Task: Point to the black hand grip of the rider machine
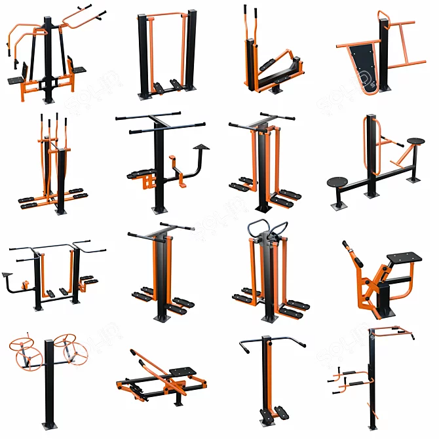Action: pyautogui.click(x=347, y=246)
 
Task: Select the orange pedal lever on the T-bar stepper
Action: pyautogui.click(x=175, y=162)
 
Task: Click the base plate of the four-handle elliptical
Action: pyautogui.click(x=61, y=211)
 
